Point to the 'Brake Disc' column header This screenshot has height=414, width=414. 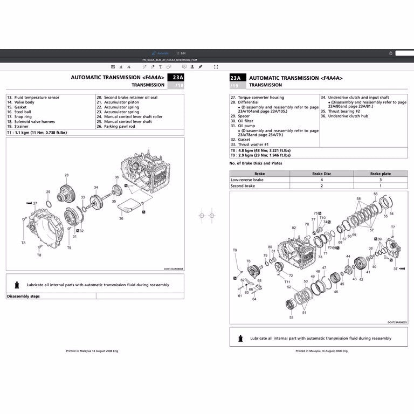(321, 174)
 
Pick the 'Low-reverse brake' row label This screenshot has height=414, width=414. (247, 180)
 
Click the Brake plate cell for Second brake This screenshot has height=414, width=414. (380, 185)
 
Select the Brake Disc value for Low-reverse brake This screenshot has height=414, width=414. (321, 180)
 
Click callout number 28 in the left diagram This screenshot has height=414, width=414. (67, 175)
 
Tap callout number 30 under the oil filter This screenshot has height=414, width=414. (121, 218)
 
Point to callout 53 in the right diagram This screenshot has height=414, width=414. (291, 318)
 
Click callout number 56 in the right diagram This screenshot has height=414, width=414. (376, 194)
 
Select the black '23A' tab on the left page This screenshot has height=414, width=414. (176, 78)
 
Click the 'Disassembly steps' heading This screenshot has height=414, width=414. (23, 296)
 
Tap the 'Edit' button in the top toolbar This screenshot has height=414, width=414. (181, 53)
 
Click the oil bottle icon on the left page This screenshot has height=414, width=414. (17, 284)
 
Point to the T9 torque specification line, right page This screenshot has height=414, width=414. (260, 155)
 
